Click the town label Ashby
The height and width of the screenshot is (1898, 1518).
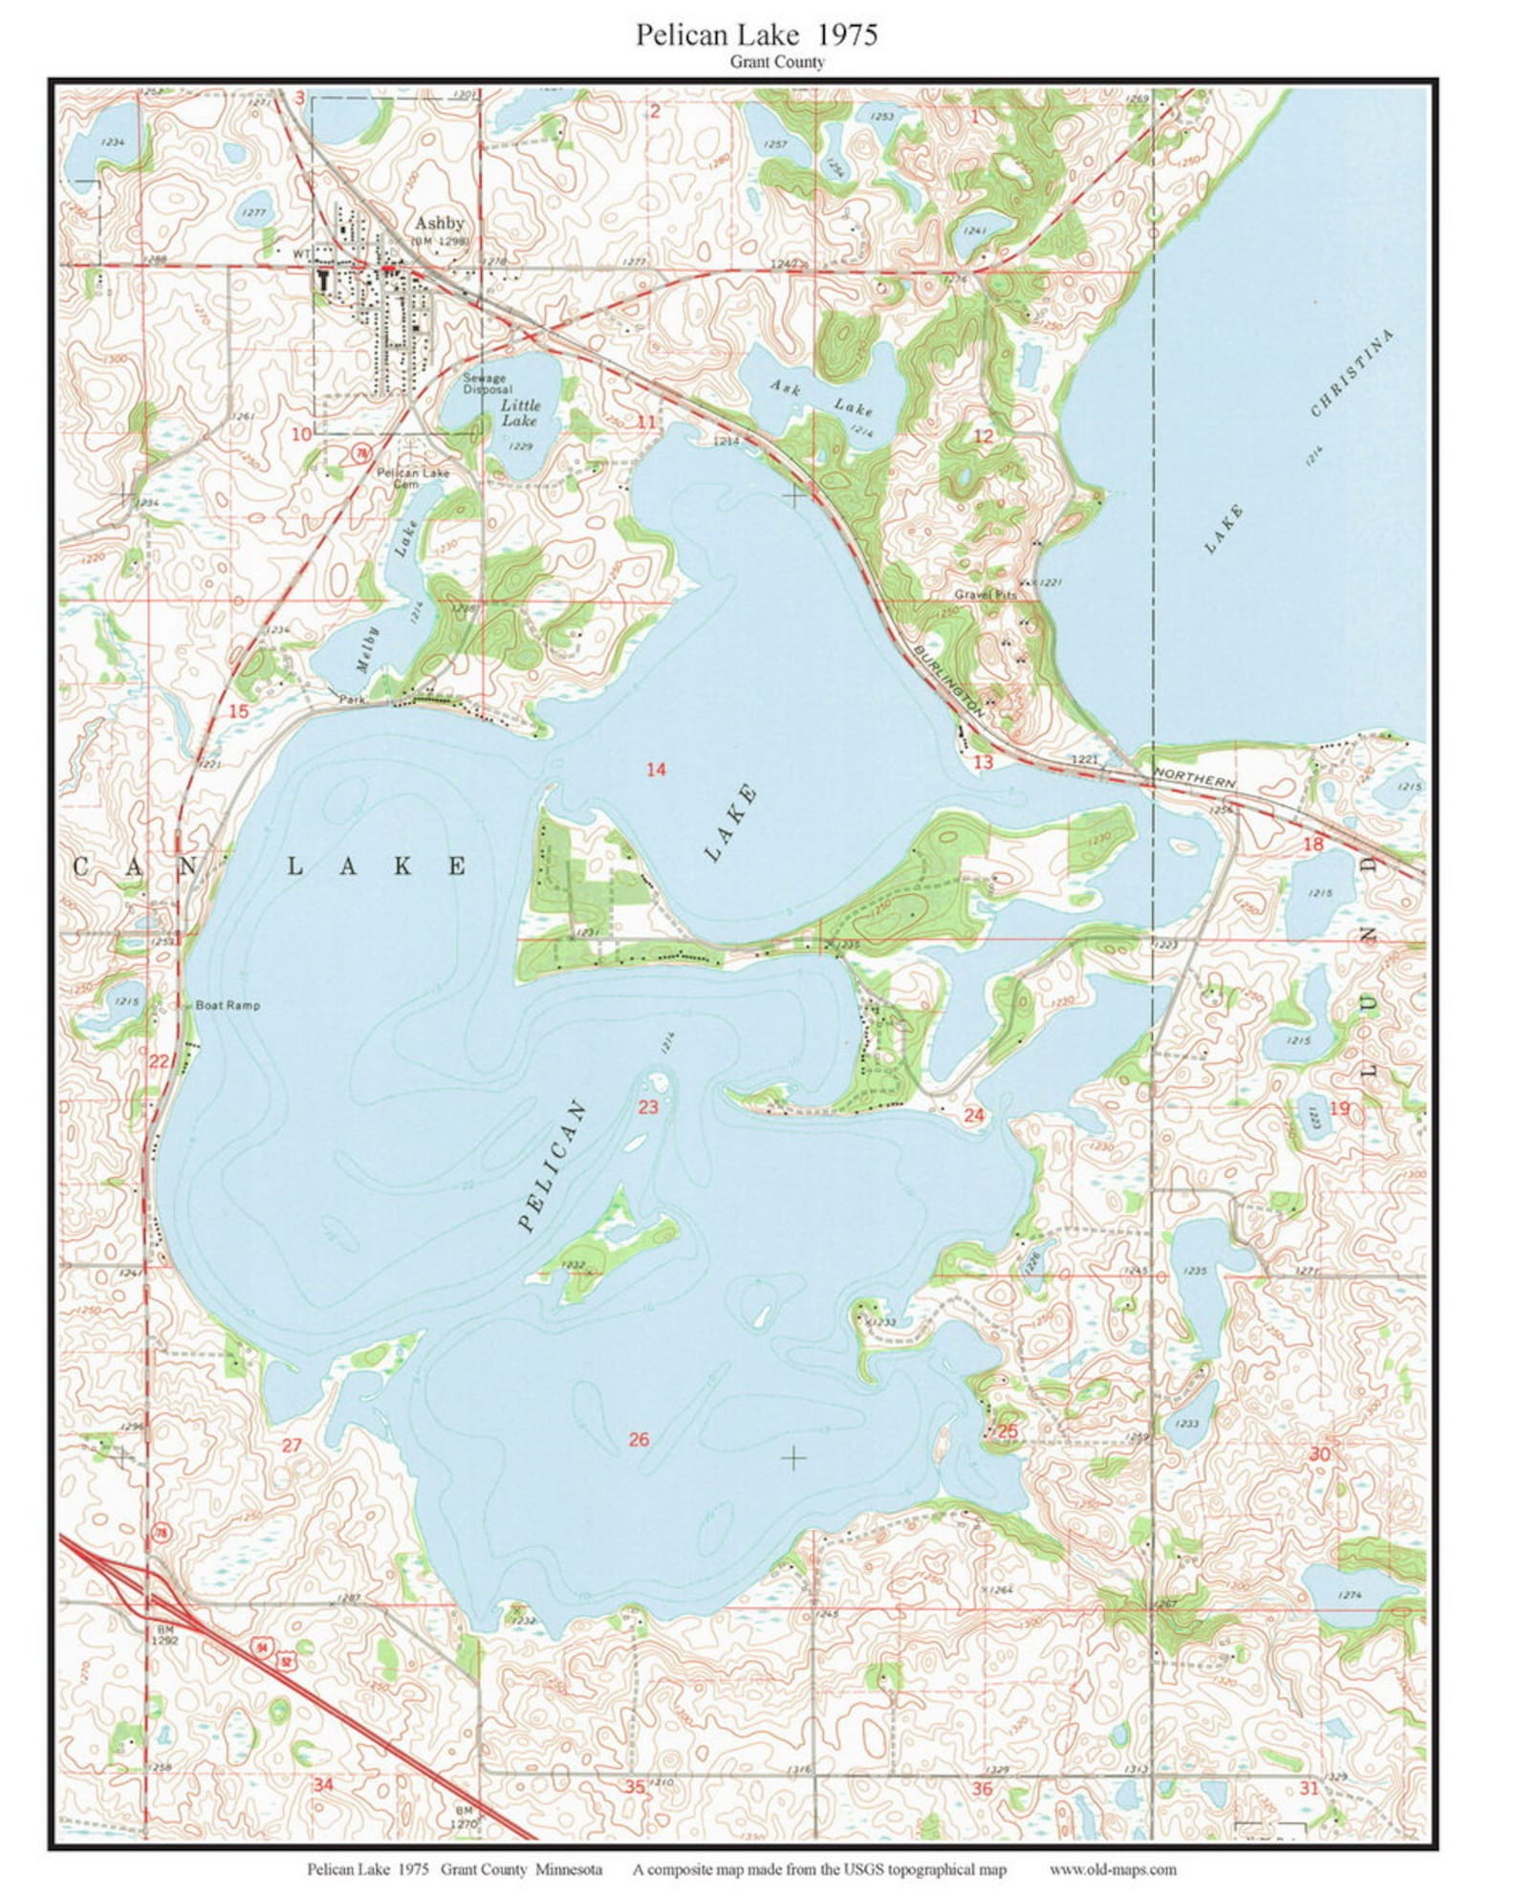pyautogui.click(x=440, y=223)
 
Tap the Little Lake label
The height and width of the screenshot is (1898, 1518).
pyautogui.click(x=520, y=413)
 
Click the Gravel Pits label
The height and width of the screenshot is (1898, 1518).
pyautogui.click(x=986, y=594)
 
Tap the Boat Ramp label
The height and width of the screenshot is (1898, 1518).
pyautogui.click(x=227, y=1006)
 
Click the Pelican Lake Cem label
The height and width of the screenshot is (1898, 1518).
pyautogui.click(x=412, y=477)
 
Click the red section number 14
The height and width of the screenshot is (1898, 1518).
pyautogui.click(x=656, y=769)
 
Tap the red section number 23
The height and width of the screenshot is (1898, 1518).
pyautogui.click(x=648, y=1107)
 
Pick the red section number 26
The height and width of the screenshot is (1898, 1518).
pyautogui.click(x=639, y=1440)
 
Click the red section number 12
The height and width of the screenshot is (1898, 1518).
pyautogui.click(x=983, y=437)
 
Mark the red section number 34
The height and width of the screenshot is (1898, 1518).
pyautogui.click(x=323, y=1785)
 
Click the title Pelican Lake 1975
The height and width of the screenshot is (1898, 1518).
pyautogui.click(x=756, y=35)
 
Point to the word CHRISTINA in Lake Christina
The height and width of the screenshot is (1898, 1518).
pyautogui.click(x=1352, y=373)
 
